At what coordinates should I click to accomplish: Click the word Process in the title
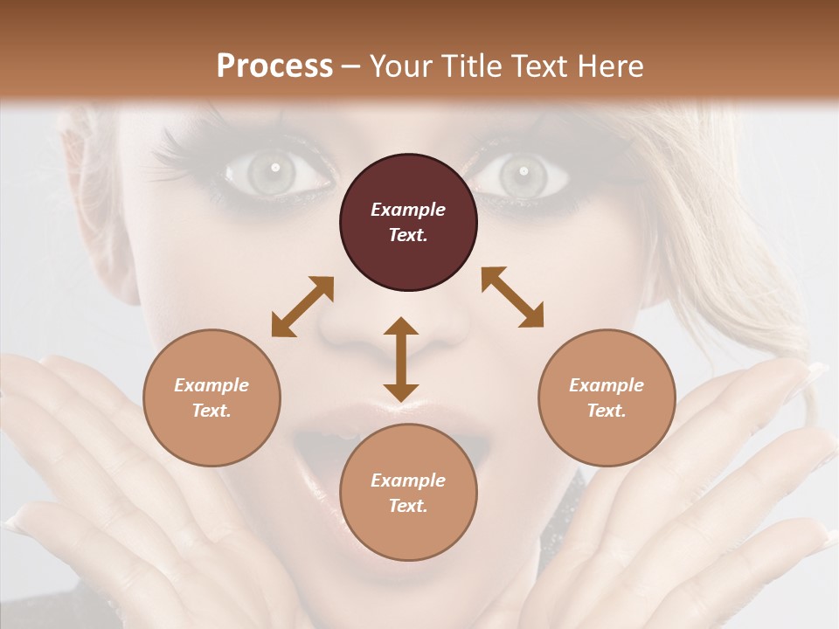coord(274,66)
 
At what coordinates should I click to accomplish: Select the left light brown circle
coord(211,398)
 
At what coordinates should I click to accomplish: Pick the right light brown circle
coord(607,398)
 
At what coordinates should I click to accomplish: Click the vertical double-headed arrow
coord(401,360)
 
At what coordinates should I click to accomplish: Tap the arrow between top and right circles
coord(513,297)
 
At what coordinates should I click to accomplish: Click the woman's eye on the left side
coord(274,170)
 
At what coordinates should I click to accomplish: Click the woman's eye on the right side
coord(522,172)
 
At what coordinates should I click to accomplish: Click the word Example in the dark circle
coord(408,210)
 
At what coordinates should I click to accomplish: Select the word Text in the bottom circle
coord(408,506)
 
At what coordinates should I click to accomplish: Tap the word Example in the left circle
coord(211,385)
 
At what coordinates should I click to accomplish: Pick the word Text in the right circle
coord(607,411)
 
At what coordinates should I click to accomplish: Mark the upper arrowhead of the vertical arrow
coord(401,327)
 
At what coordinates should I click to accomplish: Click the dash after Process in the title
coord(351,66)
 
